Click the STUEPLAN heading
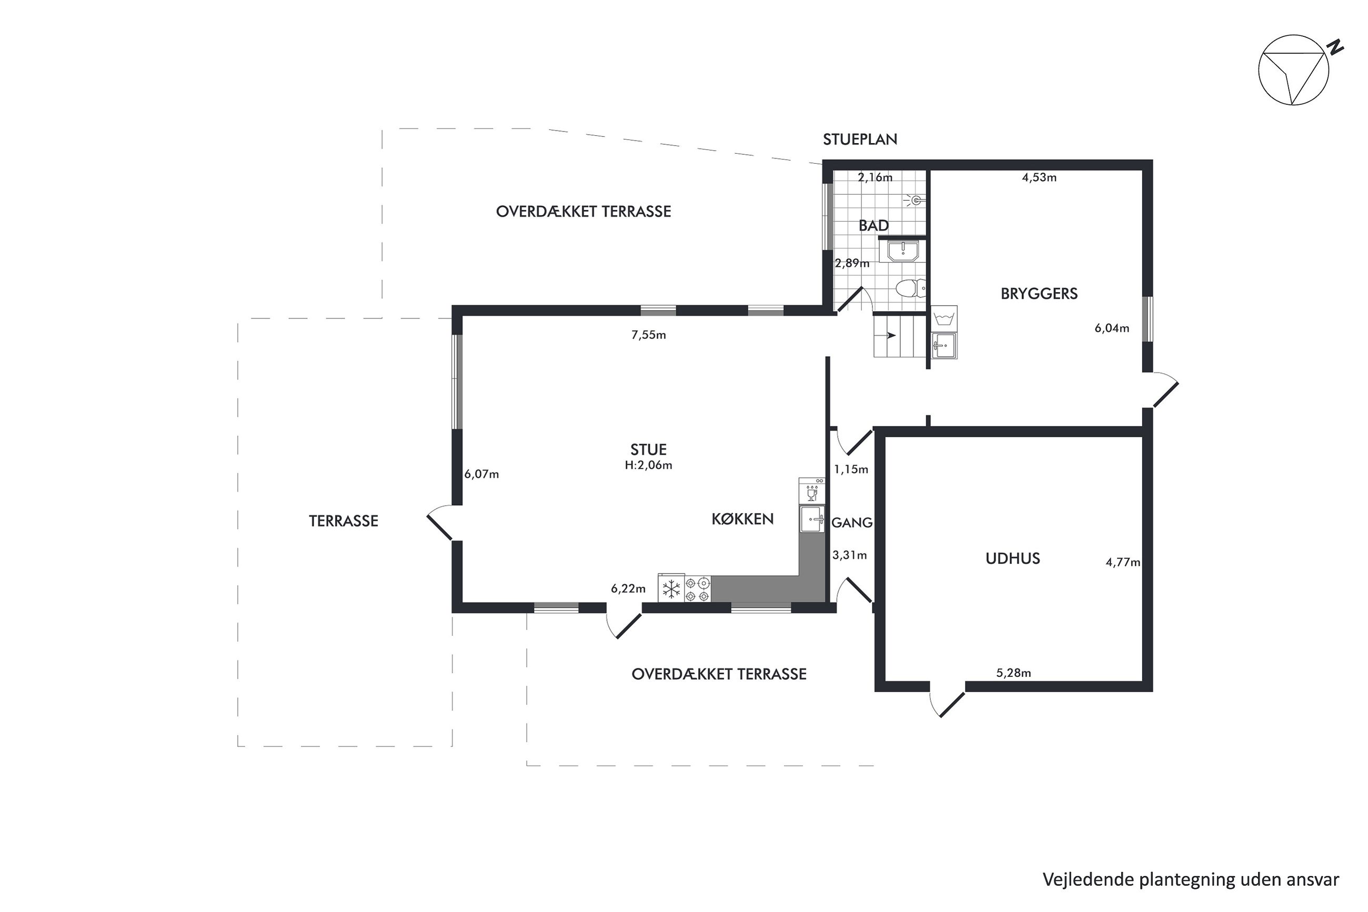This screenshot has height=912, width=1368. [859, 139]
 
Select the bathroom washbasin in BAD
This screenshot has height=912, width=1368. [902, 250]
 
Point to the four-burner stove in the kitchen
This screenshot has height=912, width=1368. [697, 588]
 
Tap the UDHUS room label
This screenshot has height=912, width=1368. [1012, 558]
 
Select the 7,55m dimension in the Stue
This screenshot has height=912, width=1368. [648, 335]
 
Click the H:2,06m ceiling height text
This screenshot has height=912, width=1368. [648, 465]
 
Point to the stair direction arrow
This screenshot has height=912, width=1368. [890, 335]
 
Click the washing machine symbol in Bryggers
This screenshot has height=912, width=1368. [943, 318]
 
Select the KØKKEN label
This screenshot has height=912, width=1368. [742, 519]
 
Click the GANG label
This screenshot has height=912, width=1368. [852, 522]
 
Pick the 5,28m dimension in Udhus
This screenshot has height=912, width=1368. [1013, 673]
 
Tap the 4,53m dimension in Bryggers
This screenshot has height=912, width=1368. [1039, 177]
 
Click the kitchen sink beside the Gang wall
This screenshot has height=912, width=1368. [812, 519]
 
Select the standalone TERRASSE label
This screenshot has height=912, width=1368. [343, 521]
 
